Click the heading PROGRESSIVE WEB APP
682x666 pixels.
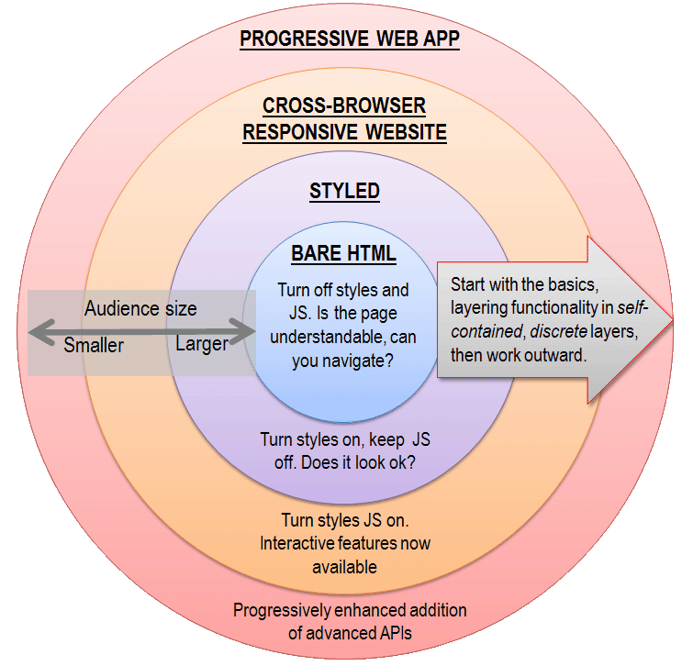coord(349,39)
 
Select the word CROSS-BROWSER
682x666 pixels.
coord(344,105)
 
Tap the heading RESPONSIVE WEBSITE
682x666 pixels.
coord(344,133)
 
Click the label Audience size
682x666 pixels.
coord(140,309)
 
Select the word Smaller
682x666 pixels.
coord(94,346)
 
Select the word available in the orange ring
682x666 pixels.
coord(344,567)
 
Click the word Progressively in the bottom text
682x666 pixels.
coord(279,610)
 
